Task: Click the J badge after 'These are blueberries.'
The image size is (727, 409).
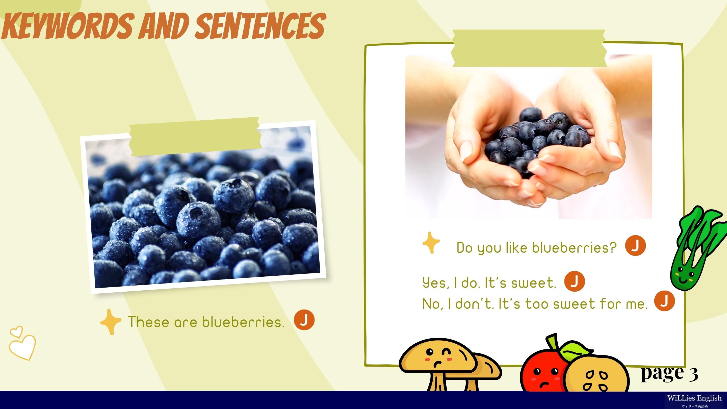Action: point(304,320)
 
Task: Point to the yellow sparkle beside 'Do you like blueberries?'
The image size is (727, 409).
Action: point(431,243)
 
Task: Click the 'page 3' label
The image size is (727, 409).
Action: point(669,373)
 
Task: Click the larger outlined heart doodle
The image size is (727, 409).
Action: point(22,347)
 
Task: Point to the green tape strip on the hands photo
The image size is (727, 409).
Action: point(529,48)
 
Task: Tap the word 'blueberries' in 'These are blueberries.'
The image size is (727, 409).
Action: point(243,322)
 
